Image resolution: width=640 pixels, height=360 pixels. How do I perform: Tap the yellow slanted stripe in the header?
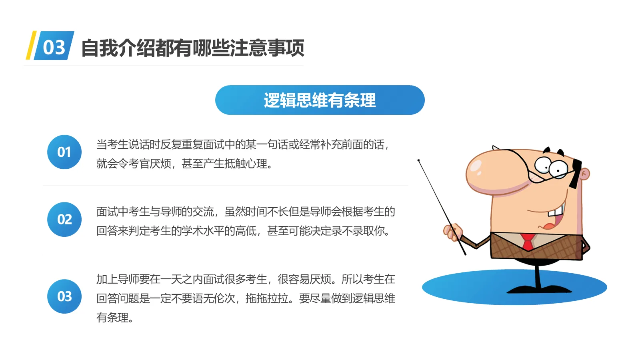[31, 46]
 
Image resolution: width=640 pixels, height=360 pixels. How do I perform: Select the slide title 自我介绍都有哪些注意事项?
[192, 48]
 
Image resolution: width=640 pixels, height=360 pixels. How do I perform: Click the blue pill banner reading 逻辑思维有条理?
[320, 100]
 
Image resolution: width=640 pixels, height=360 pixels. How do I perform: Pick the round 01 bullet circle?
[64, 152]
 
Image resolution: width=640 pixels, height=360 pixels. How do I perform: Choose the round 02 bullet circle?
[64, 219]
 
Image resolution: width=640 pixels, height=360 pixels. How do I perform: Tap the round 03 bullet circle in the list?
[64, 296]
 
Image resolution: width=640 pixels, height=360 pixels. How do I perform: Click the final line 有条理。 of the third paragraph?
[114, 318]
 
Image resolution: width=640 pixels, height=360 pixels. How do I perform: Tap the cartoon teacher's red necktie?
[528, 242]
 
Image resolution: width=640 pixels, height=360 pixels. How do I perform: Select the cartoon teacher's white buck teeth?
[556, 210]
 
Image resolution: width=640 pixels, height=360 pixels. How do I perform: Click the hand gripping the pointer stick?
[452, 232]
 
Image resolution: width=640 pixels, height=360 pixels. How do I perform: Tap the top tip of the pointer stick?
[419, 161]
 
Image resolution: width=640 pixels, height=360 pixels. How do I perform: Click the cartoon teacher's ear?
[584, 174]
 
